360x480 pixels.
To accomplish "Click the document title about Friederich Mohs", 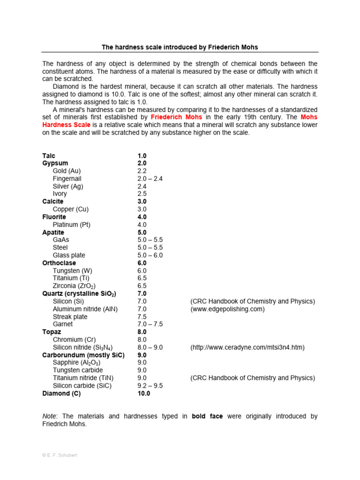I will (x=180, y=47).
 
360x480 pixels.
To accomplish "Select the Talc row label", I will (x=49, y=156).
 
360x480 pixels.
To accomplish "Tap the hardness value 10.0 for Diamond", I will (x=143, y=393).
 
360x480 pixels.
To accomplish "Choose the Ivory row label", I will (x=60, y=194).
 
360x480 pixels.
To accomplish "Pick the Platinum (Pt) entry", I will (x=72, y=225).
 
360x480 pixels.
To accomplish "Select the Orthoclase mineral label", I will (x=59, y=263).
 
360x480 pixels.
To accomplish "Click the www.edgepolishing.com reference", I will (x=227, y=309).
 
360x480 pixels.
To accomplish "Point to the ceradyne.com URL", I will (x=247, y=347).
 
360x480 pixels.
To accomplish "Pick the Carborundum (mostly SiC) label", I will (x=83, y=355).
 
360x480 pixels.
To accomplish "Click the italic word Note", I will (x=49, y=416).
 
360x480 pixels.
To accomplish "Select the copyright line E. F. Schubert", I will (x=60, y=455).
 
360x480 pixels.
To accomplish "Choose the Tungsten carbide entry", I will (x=78, y=370).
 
